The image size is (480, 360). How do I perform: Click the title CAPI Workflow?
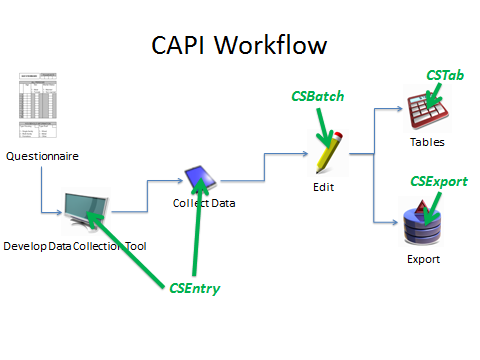[239, 45]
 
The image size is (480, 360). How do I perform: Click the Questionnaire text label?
[41, 156]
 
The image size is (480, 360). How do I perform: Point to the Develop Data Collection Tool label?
[74, 245]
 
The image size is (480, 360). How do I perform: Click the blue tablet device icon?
[199, 178]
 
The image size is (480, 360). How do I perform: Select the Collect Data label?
[205, 205]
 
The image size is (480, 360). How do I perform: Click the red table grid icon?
[426, 108]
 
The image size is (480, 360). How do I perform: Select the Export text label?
[423, 259]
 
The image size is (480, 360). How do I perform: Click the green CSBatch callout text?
[318, 97]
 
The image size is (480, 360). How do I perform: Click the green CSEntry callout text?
[195, 288]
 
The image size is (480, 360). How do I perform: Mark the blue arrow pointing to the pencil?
[285, 155]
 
